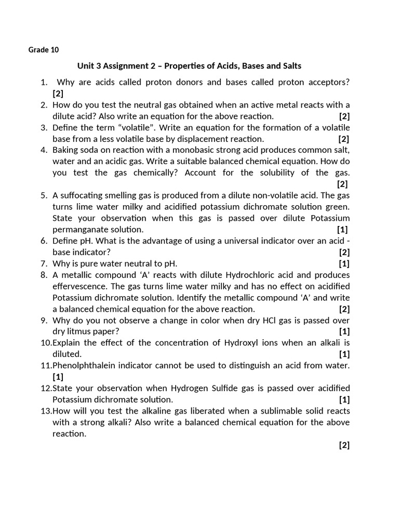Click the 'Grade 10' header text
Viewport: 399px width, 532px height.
tap(44, 50)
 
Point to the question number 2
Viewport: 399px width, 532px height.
tap(44, 105)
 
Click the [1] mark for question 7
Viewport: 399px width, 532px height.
tap(344, 263)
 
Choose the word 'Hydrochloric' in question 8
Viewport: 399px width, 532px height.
tap(249, 275)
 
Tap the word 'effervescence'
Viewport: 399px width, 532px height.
tap(79, 286)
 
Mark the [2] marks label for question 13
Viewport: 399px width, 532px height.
tap(344, 445)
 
